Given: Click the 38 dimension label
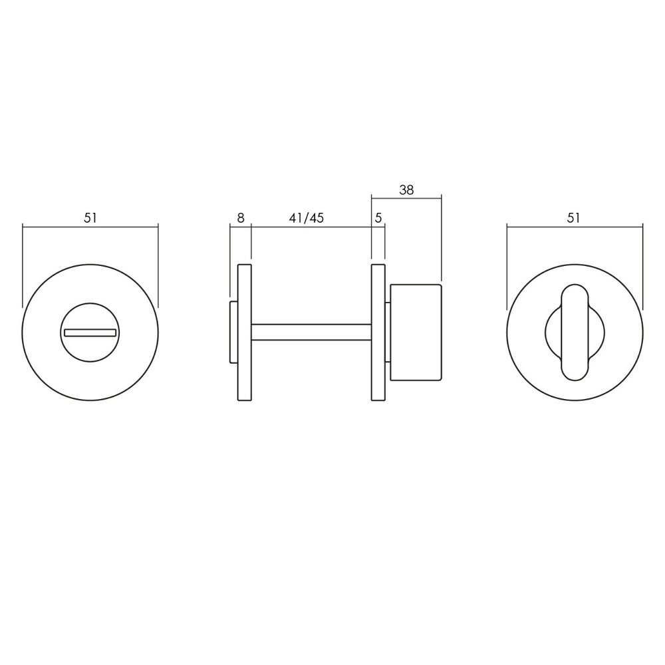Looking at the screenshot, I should point(406,189).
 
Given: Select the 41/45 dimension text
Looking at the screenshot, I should point(307,217).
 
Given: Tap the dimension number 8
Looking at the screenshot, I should point(240,217).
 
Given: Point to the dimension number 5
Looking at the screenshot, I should point(378,217).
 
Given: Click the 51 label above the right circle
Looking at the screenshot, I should point(575,217).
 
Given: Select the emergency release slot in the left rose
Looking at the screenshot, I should point(90,331).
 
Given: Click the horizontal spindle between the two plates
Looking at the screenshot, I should point(311,332).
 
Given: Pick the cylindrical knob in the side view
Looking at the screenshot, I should point(416,332).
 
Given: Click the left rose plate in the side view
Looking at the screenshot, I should point(244,332).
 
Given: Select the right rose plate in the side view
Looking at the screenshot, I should point(378,332).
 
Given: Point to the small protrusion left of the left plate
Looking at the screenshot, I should point(233,332).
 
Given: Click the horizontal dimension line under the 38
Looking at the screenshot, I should point(406,198).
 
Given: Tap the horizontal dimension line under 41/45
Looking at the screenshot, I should point(311,227).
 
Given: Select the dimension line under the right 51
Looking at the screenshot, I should point(575,227).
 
